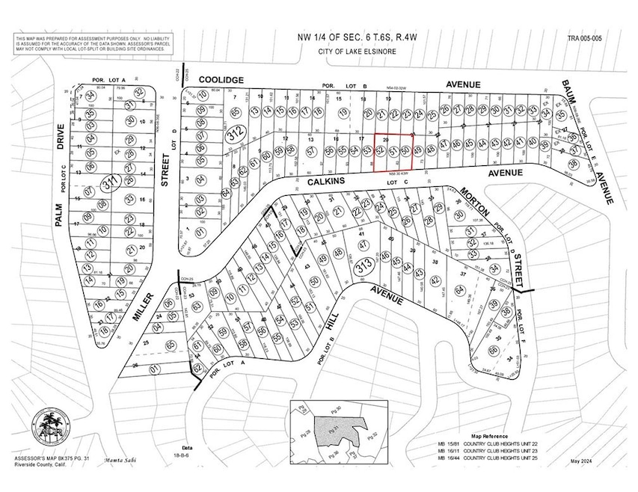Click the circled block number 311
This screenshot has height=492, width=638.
click(112, 181)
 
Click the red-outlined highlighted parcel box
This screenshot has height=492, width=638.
click(393, 153)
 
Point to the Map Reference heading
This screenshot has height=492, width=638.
click(489, 435)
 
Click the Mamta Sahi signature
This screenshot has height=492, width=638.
click(123, 461)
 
